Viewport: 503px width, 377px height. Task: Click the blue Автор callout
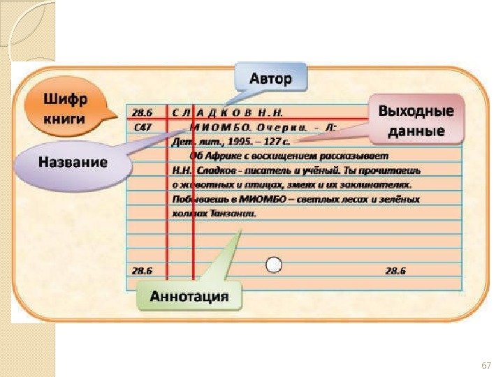pos(270,77)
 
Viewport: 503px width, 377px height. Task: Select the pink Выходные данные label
pos(416,121)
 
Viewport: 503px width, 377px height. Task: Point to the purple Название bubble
pos(73,164)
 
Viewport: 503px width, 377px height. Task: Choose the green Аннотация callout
pos(189,296)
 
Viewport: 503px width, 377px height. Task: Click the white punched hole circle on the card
pos(275,264)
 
